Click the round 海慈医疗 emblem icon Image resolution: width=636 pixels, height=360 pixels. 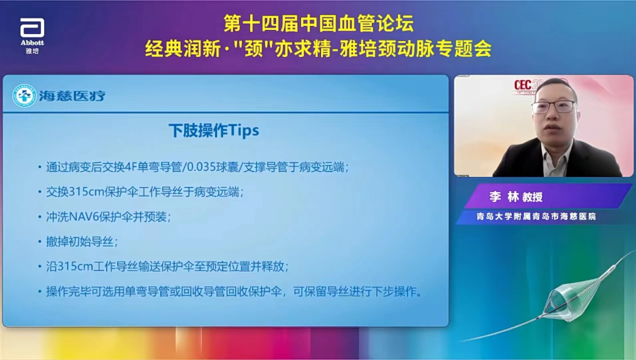click(x=24, y=95)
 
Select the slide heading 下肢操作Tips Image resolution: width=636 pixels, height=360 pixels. click(x=214, y=130)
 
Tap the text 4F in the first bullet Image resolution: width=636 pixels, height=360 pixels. click(x=131, y=167)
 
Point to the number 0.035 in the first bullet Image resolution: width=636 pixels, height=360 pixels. click(x=201, y=167)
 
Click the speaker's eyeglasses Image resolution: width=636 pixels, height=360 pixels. click(x=553, y=107)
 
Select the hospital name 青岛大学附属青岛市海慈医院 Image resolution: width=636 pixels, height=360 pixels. click(x=536, y=216)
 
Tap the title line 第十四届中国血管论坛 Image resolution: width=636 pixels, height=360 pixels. click(x=319, y=24)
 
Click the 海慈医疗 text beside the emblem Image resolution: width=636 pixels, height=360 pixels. click(x=72, y=96)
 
